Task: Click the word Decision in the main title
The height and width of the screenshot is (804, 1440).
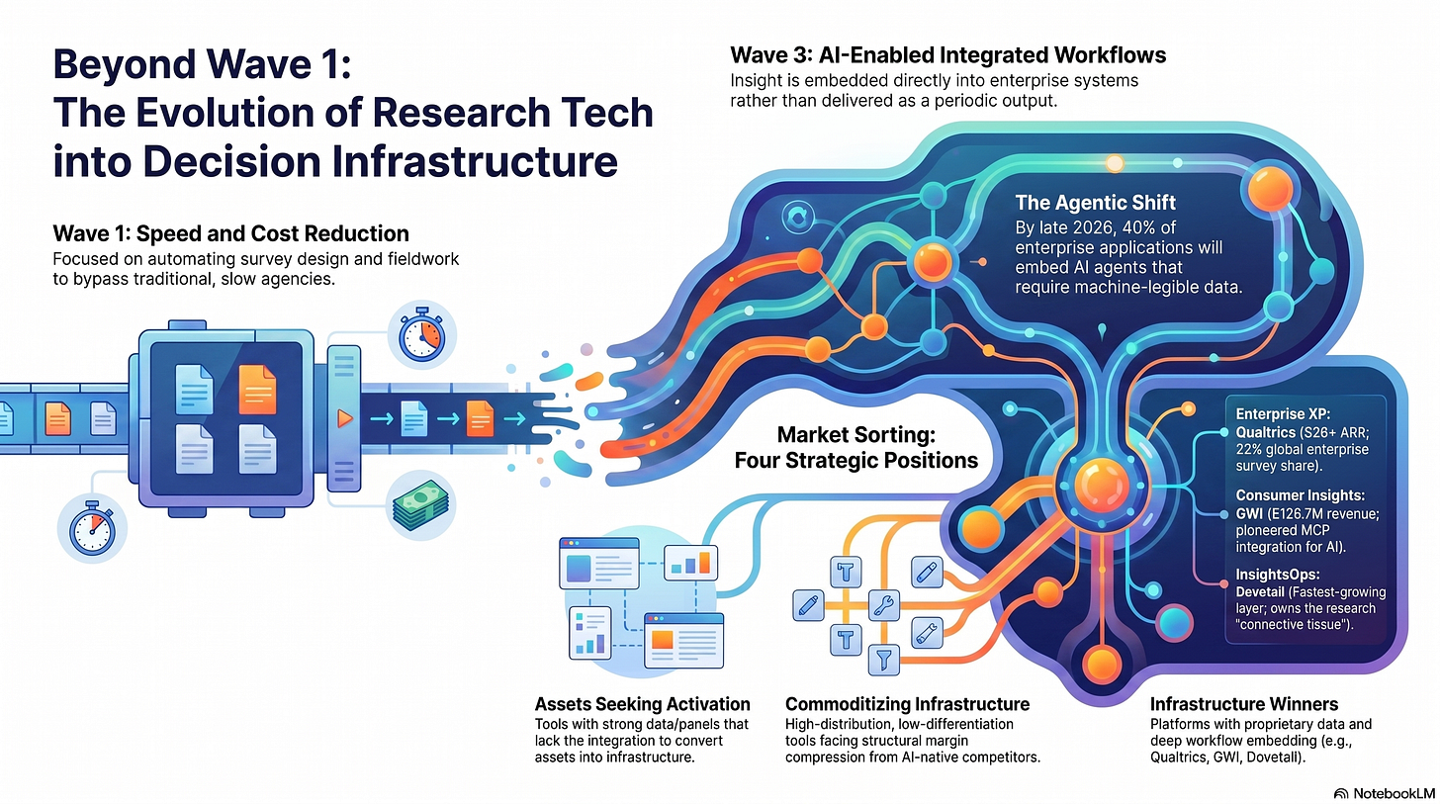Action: click(230, 161)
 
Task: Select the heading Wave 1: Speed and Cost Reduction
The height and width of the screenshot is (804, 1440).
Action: click(230, 233)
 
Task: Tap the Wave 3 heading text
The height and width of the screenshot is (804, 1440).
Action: click(947, 55)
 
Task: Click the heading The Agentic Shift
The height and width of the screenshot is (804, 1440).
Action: click(1096, 203)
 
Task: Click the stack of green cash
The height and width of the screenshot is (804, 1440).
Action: click(421, 505)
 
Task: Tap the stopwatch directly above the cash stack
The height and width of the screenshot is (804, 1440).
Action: click(422, 334)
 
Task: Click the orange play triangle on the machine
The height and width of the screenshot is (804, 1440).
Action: click(345, 419)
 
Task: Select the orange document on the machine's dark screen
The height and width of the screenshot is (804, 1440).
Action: click(257, 390)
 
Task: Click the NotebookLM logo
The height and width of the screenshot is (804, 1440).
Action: click(1386, 794)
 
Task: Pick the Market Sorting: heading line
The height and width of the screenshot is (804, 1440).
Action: click(855, 435)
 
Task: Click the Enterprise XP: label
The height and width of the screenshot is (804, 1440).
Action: click(1283, 414)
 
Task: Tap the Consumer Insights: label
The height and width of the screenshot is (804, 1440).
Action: click(1300, 495)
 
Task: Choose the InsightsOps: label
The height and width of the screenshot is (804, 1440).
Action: click(1278, 575)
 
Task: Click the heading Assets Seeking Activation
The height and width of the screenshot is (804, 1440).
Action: click(642, 704)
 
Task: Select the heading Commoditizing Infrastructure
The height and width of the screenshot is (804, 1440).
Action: click(907, 704)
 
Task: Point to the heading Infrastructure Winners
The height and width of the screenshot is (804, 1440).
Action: click(1244, 704)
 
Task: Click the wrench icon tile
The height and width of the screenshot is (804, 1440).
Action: click(884, 605)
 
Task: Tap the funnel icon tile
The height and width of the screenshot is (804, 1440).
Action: click(884, 660)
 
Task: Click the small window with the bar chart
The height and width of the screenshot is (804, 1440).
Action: click(690, 563)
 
